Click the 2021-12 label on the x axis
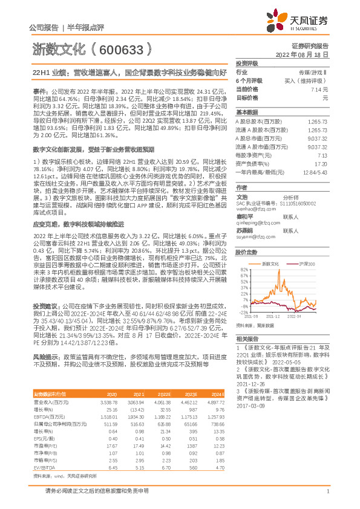pyautogui.click(x=274, y=316)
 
